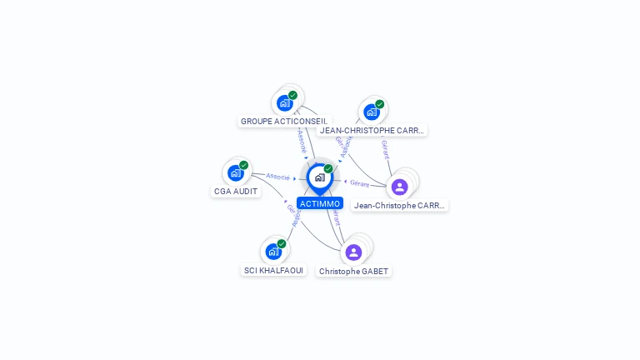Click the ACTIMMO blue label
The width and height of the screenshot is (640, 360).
click(x=320, y=203)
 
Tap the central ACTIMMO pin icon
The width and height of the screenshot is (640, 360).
click(x=319, y=177)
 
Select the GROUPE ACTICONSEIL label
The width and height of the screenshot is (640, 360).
click(x=284, y=121)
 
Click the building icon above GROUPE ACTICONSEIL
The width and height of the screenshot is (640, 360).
click(x=285, y=103)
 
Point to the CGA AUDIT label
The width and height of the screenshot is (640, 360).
click(x=236, y=191)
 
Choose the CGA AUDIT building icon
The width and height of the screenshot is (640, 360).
click(x=236, y=173)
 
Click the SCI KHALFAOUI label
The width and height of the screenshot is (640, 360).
click(x=273, y=270)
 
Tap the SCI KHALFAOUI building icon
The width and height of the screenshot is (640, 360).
click(x=273, y=252)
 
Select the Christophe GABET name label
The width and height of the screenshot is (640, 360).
click(x=353, y=271)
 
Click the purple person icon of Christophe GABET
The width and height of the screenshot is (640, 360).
click(x=353, y=252)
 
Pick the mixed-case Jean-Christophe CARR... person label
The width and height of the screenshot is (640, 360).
click(x=399, y=205)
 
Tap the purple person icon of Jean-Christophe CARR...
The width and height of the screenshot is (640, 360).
click(x=399, y=187)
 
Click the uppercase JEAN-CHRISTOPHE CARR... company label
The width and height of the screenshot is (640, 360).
click(x=372, y=130)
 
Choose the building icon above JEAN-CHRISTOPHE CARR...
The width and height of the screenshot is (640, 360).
click(x=372, y=112)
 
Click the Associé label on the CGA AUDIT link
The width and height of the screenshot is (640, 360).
click(x=277, y=177)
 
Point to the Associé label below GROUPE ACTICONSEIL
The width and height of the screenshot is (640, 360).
click(x=302, y=140)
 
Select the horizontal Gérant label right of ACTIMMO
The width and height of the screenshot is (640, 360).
click(x=359, y=183)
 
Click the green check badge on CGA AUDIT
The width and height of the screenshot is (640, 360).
click(x=243, y=165)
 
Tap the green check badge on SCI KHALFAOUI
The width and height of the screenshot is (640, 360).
click(x=282, y=244)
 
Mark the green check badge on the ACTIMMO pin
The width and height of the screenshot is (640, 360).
click(x=328, y=168)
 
